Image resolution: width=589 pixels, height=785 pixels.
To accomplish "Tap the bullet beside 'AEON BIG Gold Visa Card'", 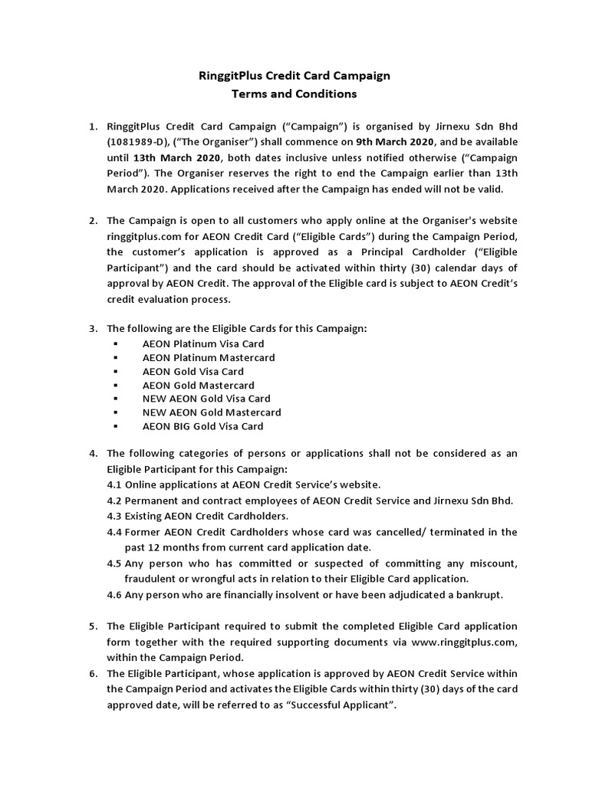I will coord(116,426).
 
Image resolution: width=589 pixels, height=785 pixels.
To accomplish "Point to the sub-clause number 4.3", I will coord(115,515).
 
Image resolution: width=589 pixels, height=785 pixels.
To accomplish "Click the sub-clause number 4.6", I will coord(115,595).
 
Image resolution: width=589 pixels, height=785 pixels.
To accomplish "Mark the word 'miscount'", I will coord(488,563).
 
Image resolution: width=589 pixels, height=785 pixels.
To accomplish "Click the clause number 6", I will coord(93,672).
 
